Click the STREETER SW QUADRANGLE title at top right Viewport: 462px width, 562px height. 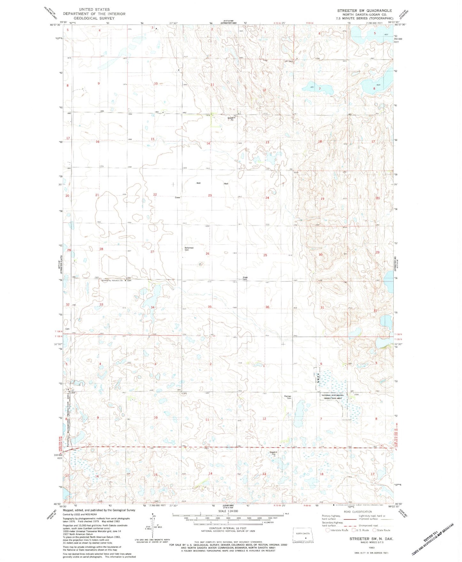[x=364, y=11]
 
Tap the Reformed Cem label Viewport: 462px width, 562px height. [x=189, y=249]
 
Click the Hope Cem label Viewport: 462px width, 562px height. [x=245, y=278]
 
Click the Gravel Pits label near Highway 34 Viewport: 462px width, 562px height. [x=272, y=453]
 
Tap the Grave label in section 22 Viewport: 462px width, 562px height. [x=177, y=197]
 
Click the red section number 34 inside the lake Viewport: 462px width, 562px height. [x=153, y=307]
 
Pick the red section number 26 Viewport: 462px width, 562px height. [x=208, y=254]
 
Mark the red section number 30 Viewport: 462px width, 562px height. [x=320, y=255]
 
